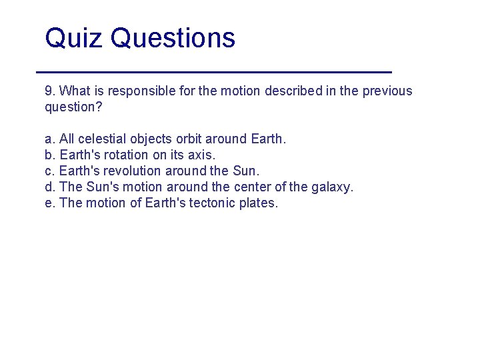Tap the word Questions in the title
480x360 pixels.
pos(173,38)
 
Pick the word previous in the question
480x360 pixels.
pos(387,91)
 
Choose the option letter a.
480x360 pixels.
pos(49,139)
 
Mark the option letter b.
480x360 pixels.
pos(49,155)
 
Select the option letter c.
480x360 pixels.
pos(49,171)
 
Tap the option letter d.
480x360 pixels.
pos(49,187)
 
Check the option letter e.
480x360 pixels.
pos(49,203)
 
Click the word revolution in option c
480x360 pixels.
pos(135,171)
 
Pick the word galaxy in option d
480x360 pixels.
pos(331,187)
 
